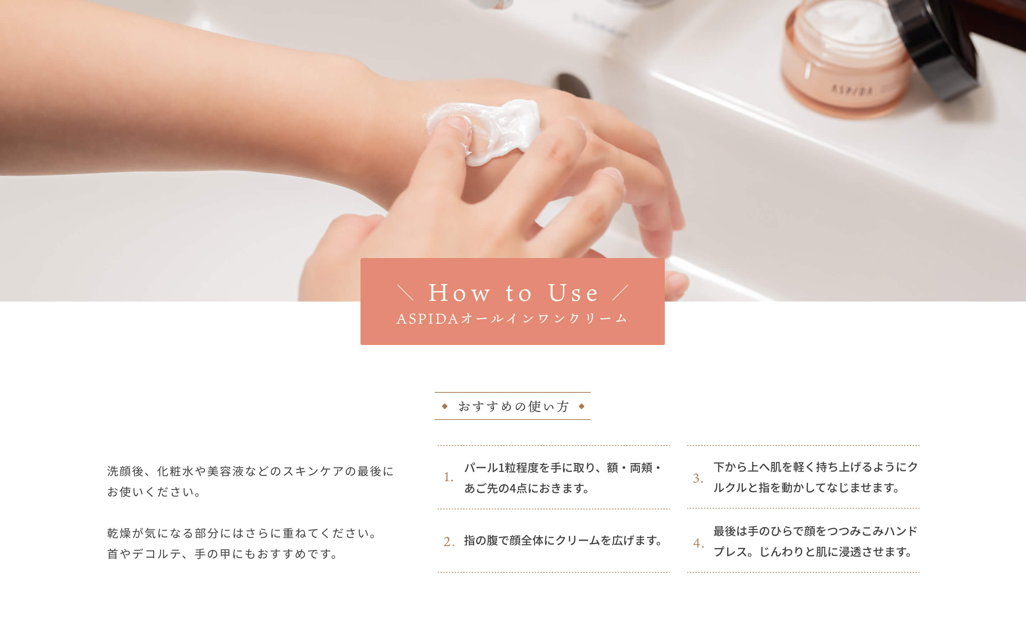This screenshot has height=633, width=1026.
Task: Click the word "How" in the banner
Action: pyautogui.click(x=459, y=293)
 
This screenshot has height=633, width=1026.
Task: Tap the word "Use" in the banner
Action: pyautogui.click(x=573, y=293)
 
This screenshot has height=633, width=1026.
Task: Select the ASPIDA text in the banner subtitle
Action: pyautogui.click(x=427, y=319)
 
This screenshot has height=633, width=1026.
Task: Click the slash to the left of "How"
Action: pyautogui.click(x=405, y=293)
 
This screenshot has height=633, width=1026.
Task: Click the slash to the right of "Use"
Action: pyautogui.click(x=620, y=293)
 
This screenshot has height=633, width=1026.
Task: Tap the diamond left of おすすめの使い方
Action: pyautogui.click(x=445, y=406)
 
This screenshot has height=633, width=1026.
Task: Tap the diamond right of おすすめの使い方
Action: pyautogui.click(x=581, y=406)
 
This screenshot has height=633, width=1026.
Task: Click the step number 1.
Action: pyautogui.click(x=449, y=477)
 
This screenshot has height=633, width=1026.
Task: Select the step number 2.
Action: pyautogui.click(x=449, y=542)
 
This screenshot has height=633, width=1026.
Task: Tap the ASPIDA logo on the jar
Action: pyautogui.click(x=852, y=89)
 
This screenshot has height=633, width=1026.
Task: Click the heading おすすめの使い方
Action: pyautogui.click(x=513, y=406)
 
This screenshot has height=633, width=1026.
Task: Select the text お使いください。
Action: pyautogui.click(x=155, y=492)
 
